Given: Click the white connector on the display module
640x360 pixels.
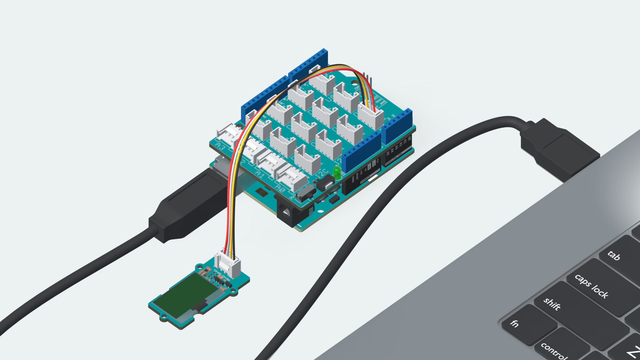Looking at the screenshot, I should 228,263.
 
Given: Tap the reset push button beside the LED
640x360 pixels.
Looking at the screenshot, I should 325,183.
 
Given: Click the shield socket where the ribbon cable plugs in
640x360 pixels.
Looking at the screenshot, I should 371,117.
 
